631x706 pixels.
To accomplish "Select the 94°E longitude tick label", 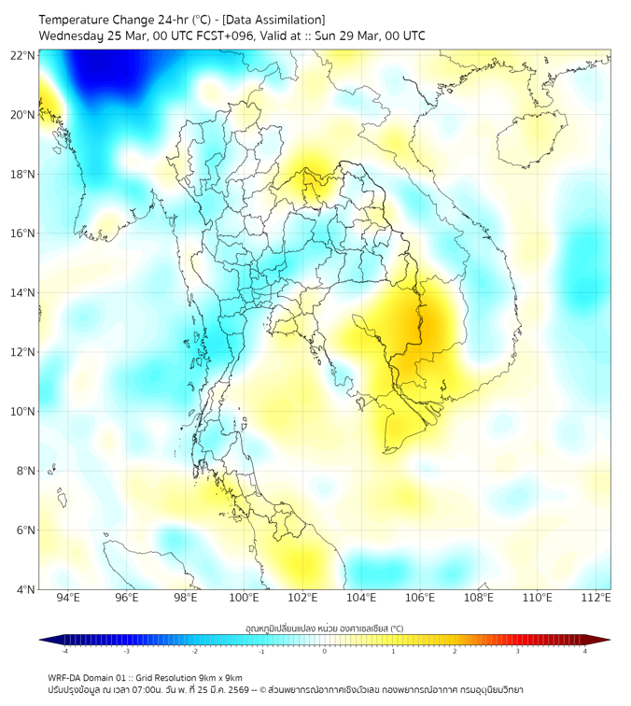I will [x=68, y=598].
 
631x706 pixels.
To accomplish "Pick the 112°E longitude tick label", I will [x=596, y=598].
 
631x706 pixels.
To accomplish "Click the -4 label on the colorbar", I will [x=63, y=651].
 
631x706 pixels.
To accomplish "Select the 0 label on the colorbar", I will [x=325, y=651].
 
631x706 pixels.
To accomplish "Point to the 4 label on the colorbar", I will [x=584, y=651].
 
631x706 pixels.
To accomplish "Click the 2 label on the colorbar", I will [x=455, y=651].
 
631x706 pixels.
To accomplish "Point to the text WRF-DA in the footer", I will [x=68, y=677].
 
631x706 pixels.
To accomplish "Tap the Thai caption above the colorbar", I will [x=324, y=628].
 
